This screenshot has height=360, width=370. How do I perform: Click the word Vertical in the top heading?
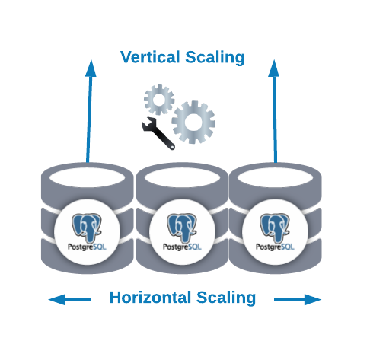[150, 57]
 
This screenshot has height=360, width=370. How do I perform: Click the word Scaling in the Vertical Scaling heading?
[215, 58]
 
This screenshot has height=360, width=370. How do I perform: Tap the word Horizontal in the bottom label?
[150, 298]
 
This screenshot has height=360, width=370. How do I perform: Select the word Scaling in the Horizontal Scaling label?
[226, 298]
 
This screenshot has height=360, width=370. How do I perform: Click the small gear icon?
[159, 100]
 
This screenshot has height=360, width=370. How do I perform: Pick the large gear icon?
[193, 122]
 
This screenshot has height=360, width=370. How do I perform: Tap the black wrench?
[158, 133]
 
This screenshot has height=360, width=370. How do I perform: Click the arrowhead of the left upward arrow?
[91, 68]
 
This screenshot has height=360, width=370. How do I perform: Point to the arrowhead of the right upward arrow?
[274, 68]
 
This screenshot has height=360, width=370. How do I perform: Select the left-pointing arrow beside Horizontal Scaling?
[69, 300]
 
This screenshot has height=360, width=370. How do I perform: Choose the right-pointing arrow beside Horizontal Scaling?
[298, 300]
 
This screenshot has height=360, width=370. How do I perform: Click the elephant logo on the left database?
[87, 228]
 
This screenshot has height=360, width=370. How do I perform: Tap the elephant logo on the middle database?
[182, 228]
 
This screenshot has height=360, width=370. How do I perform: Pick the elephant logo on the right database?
[275, 228]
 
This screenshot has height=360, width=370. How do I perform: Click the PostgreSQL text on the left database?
[87, 247]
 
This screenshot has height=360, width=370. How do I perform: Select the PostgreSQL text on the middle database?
[182, 247]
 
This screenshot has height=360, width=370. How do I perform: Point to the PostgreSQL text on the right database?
[275, 247]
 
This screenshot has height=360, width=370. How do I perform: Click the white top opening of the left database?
[87, 177]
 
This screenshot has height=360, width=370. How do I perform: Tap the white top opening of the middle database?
[182, 177]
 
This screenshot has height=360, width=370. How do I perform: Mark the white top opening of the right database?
[275, 177]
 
